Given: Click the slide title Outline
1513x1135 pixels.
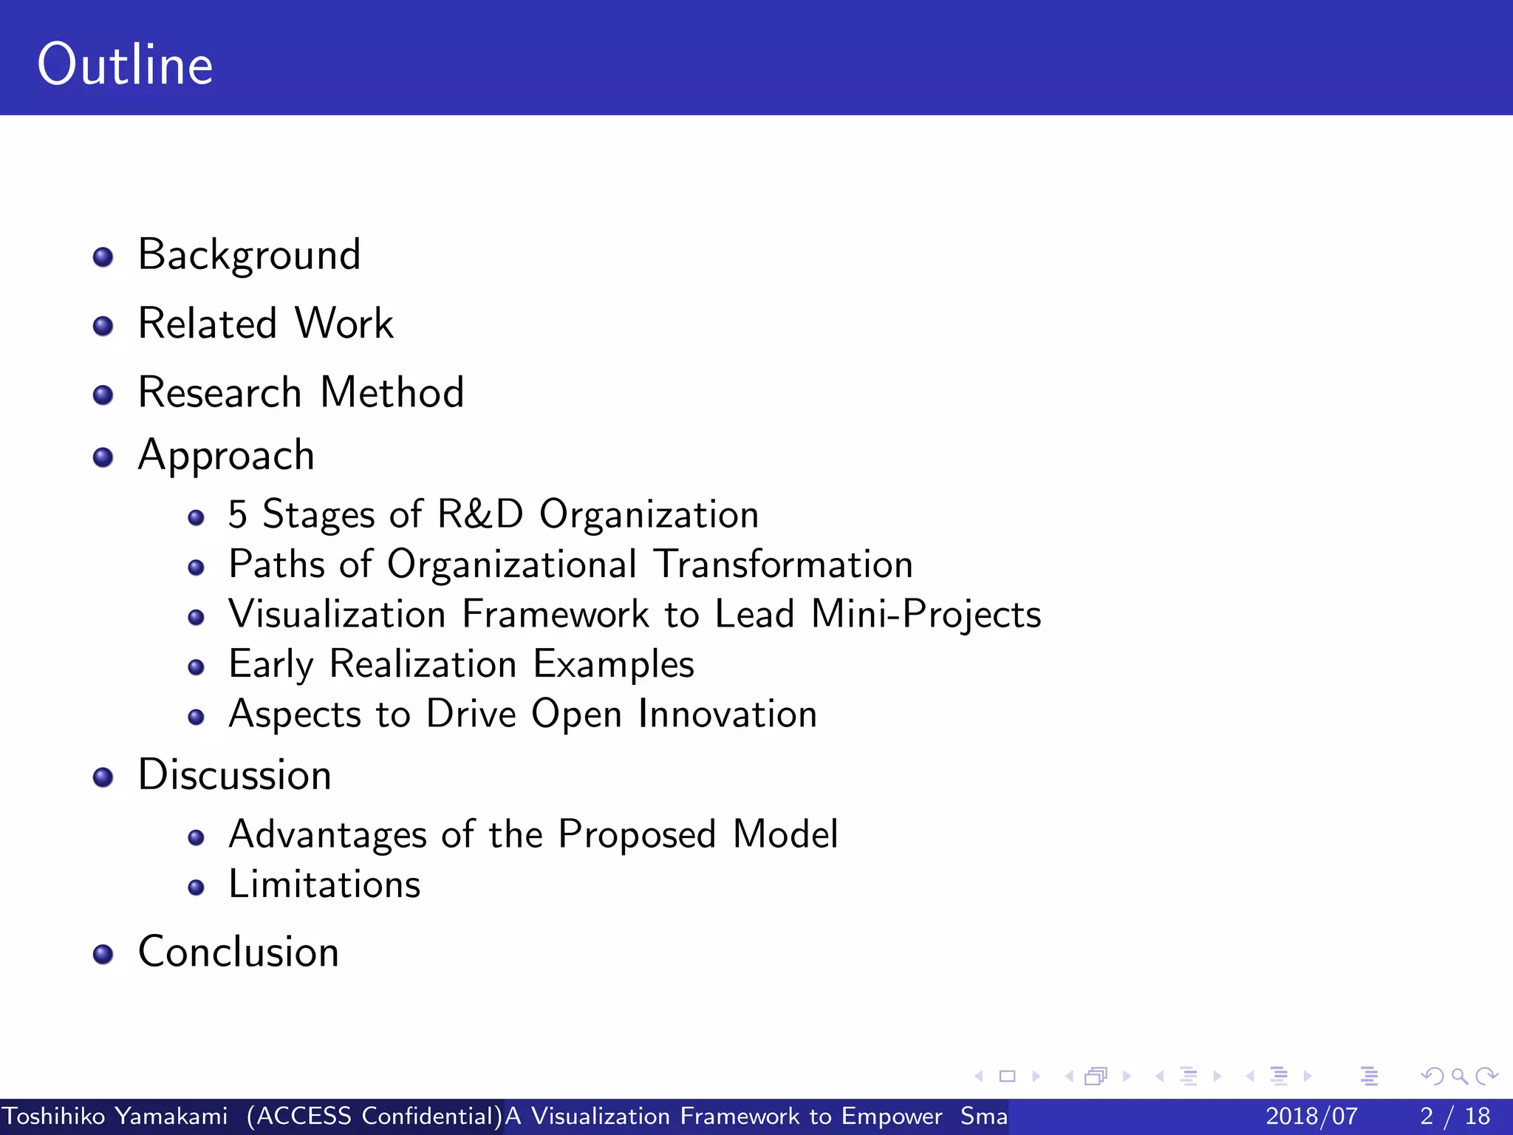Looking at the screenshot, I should tap(125, 65).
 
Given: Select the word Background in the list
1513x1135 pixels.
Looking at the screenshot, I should tap(249, 255).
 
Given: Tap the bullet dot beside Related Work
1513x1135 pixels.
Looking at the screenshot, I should tap(103, 326).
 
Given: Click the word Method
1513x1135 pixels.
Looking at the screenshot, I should tap(392, 392).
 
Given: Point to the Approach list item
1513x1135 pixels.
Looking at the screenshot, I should tap(226, 455).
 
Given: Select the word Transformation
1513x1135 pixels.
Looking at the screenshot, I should tap(784, 565).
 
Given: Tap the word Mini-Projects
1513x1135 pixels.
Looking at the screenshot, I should tap(926, 614).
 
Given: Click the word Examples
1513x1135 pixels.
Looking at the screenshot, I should tap(613, 664).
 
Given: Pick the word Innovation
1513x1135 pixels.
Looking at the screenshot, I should tap(728, 714).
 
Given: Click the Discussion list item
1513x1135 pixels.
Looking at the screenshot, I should tap(234, 775).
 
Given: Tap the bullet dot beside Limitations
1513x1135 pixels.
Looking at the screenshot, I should tap(196, 887).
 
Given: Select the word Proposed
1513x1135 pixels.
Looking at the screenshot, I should tap(637, 834).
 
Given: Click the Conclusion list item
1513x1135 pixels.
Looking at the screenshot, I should tap(238, 952).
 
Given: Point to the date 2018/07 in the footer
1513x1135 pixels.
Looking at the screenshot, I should tap(1311, 1116).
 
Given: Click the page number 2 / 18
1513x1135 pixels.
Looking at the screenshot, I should tap(1455, 1116).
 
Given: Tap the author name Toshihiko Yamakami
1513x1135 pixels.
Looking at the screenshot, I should tap(115, 1116).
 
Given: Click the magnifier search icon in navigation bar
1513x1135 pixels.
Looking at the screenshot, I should tap(1459, 1076).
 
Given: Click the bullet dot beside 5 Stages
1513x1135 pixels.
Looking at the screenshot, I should tap(196, 517).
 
